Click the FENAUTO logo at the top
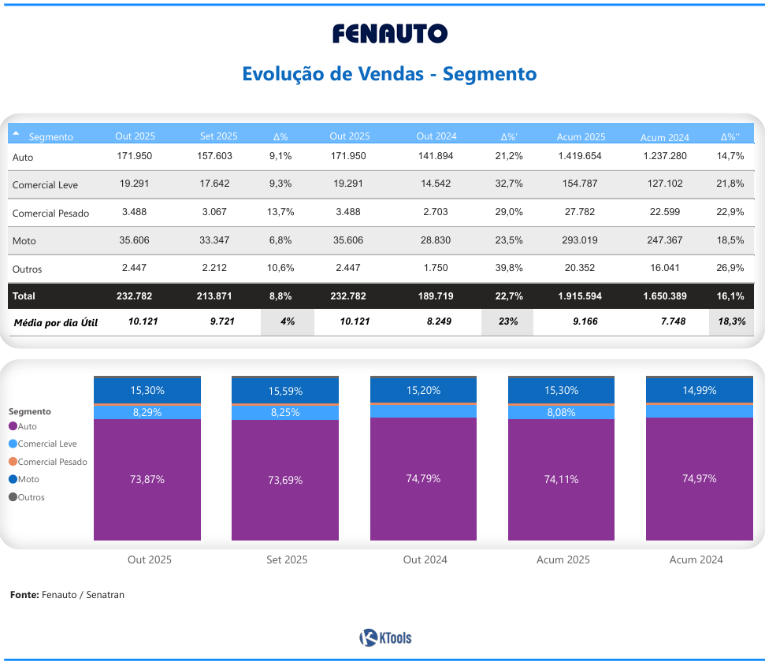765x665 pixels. click(389, 33)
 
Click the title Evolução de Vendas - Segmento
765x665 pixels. click(389, 74)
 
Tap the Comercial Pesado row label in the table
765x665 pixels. click(50, 214)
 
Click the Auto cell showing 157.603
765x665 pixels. click(214, 156)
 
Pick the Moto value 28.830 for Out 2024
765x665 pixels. click(436, 240)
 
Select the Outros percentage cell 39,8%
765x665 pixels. click(509, 268)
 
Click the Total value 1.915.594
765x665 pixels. click(581, 296)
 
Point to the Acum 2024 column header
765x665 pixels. click(664, 136)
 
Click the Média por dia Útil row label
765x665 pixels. click(56, 322)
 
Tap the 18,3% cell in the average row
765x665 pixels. click(730, 321)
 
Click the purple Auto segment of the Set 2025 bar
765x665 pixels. click(285, 480)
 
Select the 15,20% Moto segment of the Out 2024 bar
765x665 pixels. click(423, 390)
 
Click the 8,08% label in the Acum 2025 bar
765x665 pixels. click(561, 412)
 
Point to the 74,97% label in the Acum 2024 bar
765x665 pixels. click(699, 478)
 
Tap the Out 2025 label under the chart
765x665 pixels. click(149, 559)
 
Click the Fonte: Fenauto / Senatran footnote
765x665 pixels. click(67, 595)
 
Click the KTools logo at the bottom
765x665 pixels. click(385, 637)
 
